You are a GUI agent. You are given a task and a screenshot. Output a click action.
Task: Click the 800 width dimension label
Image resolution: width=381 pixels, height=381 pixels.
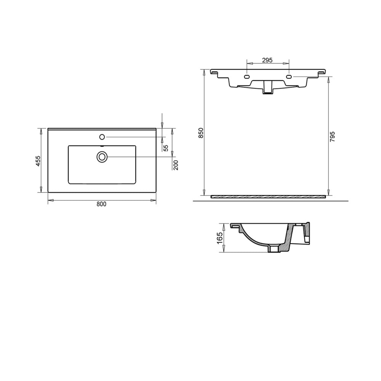click(101, 204)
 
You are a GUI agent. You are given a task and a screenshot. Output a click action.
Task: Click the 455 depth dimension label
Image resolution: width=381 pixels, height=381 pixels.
click(38, 160)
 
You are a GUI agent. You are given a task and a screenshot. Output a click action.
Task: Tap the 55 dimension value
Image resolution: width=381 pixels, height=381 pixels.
click(166, 148)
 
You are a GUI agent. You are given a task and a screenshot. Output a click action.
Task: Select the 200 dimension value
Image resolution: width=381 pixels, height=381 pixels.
click(176, 165)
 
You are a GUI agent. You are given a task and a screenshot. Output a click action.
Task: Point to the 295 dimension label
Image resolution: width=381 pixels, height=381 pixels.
click(267, 60)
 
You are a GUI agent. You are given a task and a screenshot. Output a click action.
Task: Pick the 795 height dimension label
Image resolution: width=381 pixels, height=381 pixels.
click(332, 136)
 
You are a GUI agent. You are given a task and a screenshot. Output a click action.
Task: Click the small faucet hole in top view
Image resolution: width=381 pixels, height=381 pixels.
click(102, 136)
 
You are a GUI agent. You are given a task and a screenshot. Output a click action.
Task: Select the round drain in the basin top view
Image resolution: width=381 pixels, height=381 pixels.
click(102, 157)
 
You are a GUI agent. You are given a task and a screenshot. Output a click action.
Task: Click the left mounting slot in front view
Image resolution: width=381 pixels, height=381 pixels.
click(247, 77)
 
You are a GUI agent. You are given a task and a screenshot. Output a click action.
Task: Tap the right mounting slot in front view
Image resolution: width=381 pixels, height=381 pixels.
click(288, 77)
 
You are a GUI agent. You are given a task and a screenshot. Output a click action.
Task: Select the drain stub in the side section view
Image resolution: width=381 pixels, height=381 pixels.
click(274, 249)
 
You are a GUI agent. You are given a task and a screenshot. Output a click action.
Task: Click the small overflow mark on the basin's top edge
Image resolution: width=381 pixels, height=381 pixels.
click(102, 146)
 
